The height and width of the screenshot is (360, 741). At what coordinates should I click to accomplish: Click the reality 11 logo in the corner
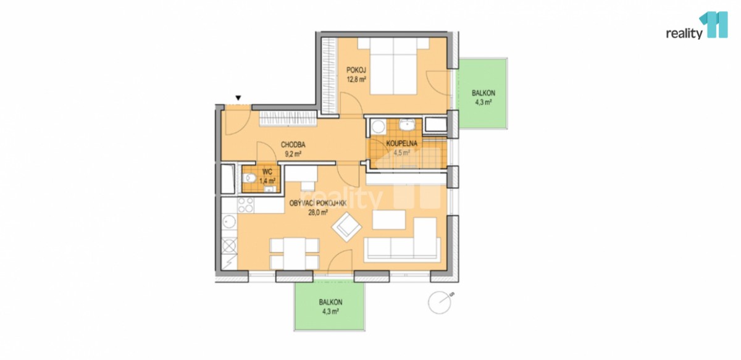697,26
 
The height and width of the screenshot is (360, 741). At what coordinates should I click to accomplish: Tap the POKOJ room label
356,70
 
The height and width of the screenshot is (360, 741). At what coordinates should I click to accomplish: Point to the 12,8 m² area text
356,80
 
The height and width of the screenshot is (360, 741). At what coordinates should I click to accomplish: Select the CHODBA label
293,144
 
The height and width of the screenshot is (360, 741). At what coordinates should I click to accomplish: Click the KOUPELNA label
401,144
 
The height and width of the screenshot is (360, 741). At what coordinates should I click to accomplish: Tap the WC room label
267,172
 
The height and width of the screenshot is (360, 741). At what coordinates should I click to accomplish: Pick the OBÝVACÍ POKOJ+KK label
318,204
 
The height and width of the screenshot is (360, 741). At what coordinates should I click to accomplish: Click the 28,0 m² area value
318,213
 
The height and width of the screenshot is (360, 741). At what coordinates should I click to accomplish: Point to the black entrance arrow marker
238,98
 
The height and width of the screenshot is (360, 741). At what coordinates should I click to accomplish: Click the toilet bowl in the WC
249,178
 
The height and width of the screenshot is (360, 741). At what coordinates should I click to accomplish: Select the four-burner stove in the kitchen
246,205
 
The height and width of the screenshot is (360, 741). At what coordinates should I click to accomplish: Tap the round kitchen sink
229,221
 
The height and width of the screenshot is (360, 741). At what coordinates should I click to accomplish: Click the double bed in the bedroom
393,66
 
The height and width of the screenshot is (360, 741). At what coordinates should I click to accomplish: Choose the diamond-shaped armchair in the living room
346,227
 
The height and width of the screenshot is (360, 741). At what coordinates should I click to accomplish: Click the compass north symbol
440,302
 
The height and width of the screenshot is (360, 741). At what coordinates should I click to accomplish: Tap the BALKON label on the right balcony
484,93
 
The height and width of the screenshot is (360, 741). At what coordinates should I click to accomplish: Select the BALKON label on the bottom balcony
330,302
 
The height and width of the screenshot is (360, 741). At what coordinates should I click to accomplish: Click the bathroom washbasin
407,125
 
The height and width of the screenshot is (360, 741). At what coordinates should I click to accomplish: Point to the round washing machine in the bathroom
377,127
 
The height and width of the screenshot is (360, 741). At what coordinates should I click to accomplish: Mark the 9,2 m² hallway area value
293,154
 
